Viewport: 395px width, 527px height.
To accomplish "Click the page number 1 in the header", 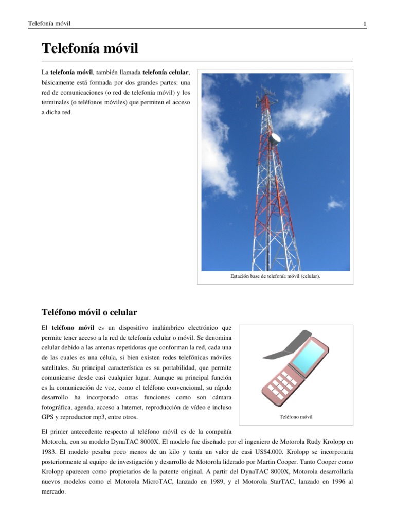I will (364, 24).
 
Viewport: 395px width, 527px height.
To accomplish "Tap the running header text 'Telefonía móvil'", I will (49, 24).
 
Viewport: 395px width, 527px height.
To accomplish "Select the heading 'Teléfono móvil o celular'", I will (89, 312).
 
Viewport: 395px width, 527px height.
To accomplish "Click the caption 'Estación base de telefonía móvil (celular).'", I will (275, 276).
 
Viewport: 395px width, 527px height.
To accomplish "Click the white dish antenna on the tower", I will (276, 138).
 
